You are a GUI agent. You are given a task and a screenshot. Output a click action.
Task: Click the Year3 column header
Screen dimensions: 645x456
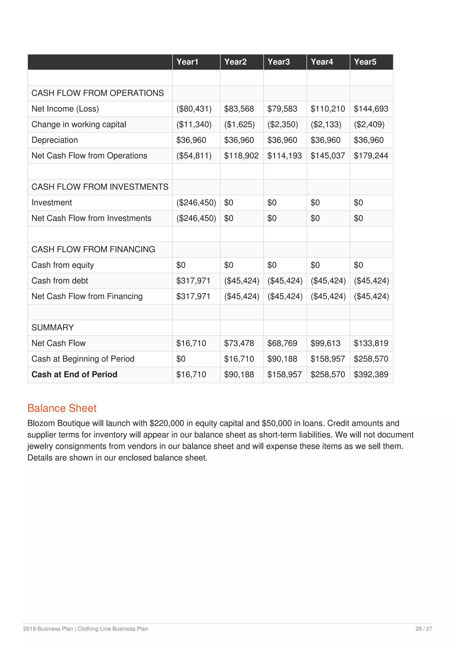tap(279, 62)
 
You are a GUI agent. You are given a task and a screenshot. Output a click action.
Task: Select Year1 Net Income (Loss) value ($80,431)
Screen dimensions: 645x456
tap(194, 109)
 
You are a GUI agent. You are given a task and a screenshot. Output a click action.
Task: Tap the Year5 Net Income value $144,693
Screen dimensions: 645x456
tap(371, 109)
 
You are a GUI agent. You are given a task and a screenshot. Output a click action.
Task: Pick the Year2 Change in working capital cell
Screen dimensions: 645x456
tap(239, 124)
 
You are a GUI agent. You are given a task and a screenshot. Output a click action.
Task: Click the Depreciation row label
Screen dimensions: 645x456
tap(55, 140)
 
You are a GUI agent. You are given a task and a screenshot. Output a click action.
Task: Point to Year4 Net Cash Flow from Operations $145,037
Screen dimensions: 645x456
tap(328, 156)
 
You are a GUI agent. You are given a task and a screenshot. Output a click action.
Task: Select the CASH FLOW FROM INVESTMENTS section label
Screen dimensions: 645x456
tap(100, 187)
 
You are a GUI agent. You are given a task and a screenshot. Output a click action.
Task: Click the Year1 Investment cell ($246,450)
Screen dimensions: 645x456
tap(196, 203)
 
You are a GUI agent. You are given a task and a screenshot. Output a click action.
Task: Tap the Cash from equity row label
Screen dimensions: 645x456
tap(63, 265)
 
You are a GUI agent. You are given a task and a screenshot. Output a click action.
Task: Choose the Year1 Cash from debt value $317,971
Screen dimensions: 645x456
tap(193, 281)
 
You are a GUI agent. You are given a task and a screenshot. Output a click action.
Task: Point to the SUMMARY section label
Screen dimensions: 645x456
tap(53, 328)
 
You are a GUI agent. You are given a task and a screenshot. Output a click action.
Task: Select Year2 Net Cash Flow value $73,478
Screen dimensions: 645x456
tap(239, 343)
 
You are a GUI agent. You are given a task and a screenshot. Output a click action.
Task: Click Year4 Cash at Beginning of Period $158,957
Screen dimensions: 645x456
tap(328, 359)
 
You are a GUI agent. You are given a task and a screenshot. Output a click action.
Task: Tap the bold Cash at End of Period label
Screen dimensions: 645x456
tap(74, 375)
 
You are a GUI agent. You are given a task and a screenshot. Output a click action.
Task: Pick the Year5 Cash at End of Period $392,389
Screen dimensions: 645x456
tap(371, 375)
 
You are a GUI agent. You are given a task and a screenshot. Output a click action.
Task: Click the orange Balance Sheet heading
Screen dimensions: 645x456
tap(62, 408)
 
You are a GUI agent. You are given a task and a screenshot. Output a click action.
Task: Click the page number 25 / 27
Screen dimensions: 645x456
tap(424, 629)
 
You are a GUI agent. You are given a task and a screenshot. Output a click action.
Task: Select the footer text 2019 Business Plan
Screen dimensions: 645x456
tap(48, 629)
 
